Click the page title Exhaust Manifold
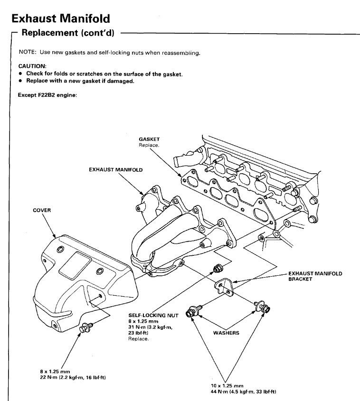tap(61, 19)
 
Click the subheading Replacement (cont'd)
tap(68, 33)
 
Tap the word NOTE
tap(27, 52)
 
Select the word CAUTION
tap(32, 66)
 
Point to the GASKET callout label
tap(149, 139)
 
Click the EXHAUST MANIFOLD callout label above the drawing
tap(116, 169)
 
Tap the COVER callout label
tap(42, 210)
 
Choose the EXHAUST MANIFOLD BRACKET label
tap(315, 276)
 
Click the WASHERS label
tap(226, 333)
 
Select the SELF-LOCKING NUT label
tap(153, 315)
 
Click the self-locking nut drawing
tap(218, 268)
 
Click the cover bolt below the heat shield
tap(85, 327)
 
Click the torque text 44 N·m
tap(220, 392)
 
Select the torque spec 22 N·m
tap(49, 377)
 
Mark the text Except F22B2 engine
tap(47, 95)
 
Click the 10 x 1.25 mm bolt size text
tap(227, 386)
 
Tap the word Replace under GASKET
tap(149, 145)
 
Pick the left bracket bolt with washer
tap(194, 311)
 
